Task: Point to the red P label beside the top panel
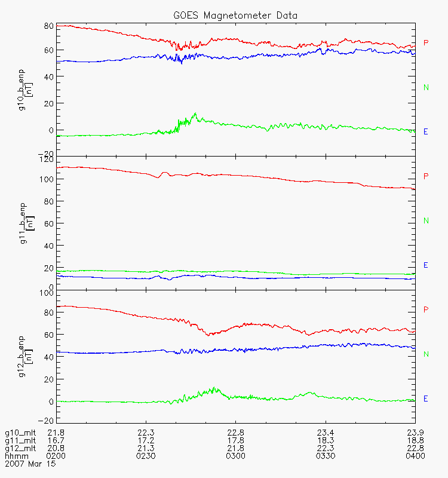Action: coord(426,43)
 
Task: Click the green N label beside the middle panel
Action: coord(426,221)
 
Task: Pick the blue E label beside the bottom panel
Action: coord(426,399)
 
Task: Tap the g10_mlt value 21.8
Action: coord(56,432)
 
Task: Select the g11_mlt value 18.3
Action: coord(325,440)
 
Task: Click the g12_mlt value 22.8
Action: coord(414,449)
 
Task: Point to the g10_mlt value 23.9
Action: coord(414,432)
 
